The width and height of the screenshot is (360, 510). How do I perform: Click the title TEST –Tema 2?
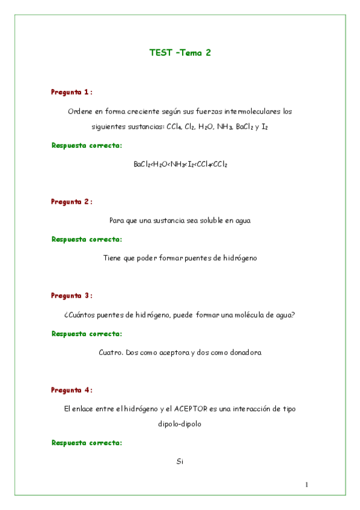click(180, 52)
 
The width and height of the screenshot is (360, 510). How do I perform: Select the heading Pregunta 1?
click(71, 92)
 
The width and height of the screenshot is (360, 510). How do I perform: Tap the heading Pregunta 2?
click(71, 201)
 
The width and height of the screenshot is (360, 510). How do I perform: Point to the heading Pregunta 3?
click(71, 295)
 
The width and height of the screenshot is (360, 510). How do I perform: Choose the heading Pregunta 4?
click(71, 390)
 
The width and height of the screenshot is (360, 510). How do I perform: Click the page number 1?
click(307, 485)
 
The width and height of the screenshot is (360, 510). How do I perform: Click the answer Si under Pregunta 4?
click(180, 462)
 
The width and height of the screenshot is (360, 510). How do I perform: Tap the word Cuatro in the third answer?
click(110, 352)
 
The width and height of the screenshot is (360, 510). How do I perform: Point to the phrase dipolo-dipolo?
click(180, 423)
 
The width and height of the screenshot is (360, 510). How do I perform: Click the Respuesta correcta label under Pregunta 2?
click(87, 239)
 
